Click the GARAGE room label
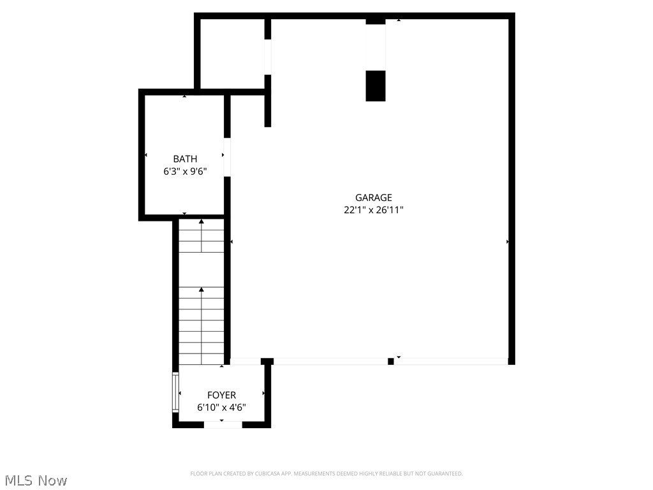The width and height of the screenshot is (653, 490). point(374,198)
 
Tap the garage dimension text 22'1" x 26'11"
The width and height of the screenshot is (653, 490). point(374,210)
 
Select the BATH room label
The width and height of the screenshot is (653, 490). point(185,159)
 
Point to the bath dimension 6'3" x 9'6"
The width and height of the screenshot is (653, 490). point(185,171)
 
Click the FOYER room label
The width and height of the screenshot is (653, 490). point(221,396)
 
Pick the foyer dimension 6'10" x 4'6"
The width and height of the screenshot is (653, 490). point(221,408)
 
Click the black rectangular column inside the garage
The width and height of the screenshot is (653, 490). point(376,86)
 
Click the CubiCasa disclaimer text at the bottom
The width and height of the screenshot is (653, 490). point(326,473)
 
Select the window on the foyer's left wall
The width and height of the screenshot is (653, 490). point(175,390)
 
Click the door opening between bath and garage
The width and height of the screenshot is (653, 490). point(227,157)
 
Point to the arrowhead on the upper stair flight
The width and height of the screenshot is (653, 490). point(202,222)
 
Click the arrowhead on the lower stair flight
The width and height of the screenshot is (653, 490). point(202,290)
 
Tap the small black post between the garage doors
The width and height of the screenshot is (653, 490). point(391,361)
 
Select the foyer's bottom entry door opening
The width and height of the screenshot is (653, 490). point(223,424)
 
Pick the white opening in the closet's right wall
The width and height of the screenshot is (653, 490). point(268,57)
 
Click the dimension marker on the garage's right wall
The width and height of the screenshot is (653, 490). point(507,242)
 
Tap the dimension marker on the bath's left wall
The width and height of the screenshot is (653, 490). point(146,155)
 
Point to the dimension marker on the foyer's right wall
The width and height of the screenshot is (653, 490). point(263,393)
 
